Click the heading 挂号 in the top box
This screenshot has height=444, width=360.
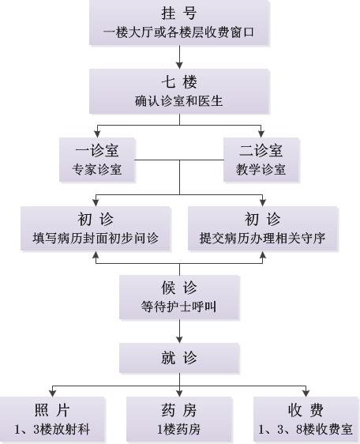click(x=179, y=13)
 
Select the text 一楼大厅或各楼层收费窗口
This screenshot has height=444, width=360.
click(x=179, y=32)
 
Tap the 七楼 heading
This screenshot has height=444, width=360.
click(x=179, y=82)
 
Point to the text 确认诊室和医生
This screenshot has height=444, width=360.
click(x=179, y=101)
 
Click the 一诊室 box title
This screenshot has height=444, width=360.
click(x=97, y=150)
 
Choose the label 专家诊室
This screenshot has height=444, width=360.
click(x=97, y=169)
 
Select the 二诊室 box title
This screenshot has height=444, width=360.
click(x=261, y=150)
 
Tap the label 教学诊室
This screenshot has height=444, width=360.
click(x=261, y=169)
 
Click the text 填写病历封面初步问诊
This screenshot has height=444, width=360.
click(x=96, y=238)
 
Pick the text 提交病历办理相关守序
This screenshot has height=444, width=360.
click(x=262, y=238)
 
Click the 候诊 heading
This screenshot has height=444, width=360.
click(x=179, y=288)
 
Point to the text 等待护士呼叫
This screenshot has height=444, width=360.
click(x=179, y=307)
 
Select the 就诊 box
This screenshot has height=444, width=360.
click(x=179, y=358)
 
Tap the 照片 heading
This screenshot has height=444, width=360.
click(x=52, y=410)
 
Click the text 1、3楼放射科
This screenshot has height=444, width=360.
click(x=52, y=429)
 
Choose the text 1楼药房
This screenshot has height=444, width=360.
click(x=179, y=429)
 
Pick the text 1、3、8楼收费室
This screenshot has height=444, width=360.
click(x=306, y=429)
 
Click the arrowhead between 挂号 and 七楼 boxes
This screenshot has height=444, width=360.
click(x=179, y=65)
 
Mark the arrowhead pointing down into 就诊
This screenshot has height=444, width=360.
click(x=179, y=340)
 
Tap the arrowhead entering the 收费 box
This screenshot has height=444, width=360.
click(x=306, y=393)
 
